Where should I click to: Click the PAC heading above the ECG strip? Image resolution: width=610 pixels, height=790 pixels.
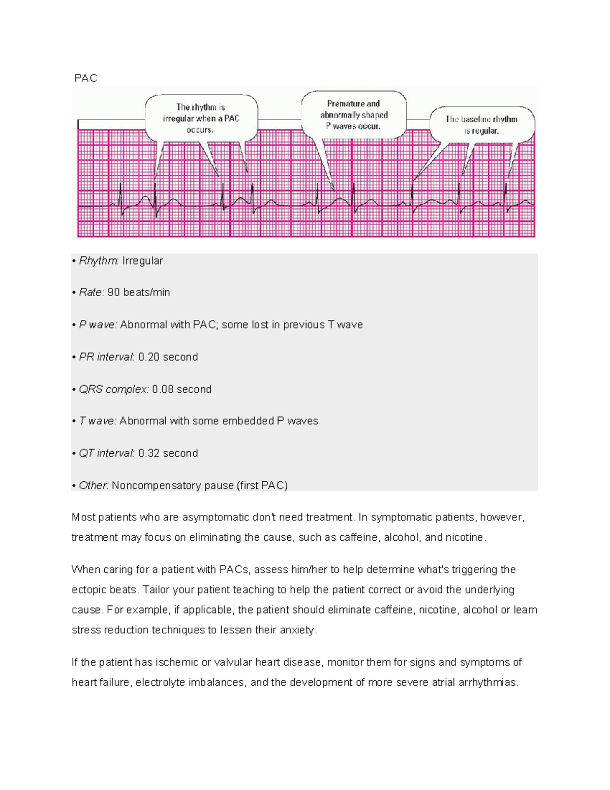tap(85, 78)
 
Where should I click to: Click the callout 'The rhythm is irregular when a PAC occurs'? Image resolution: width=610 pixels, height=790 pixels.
tap(201, 118)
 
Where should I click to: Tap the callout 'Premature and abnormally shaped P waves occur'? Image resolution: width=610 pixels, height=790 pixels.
tap(354, 115)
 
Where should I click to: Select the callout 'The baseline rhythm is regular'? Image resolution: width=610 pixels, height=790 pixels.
tap(481, 125)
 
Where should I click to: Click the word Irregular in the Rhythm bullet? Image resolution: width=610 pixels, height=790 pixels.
tap(142, 261)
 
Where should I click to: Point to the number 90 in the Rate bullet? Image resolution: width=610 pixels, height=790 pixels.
tap(114, 292)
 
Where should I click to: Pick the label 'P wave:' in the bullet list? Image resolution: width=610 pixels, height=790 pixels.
tap(98, 325)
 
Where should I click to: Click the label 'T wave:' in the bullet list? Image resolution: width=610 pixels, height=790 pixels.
tap(98, 421)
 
